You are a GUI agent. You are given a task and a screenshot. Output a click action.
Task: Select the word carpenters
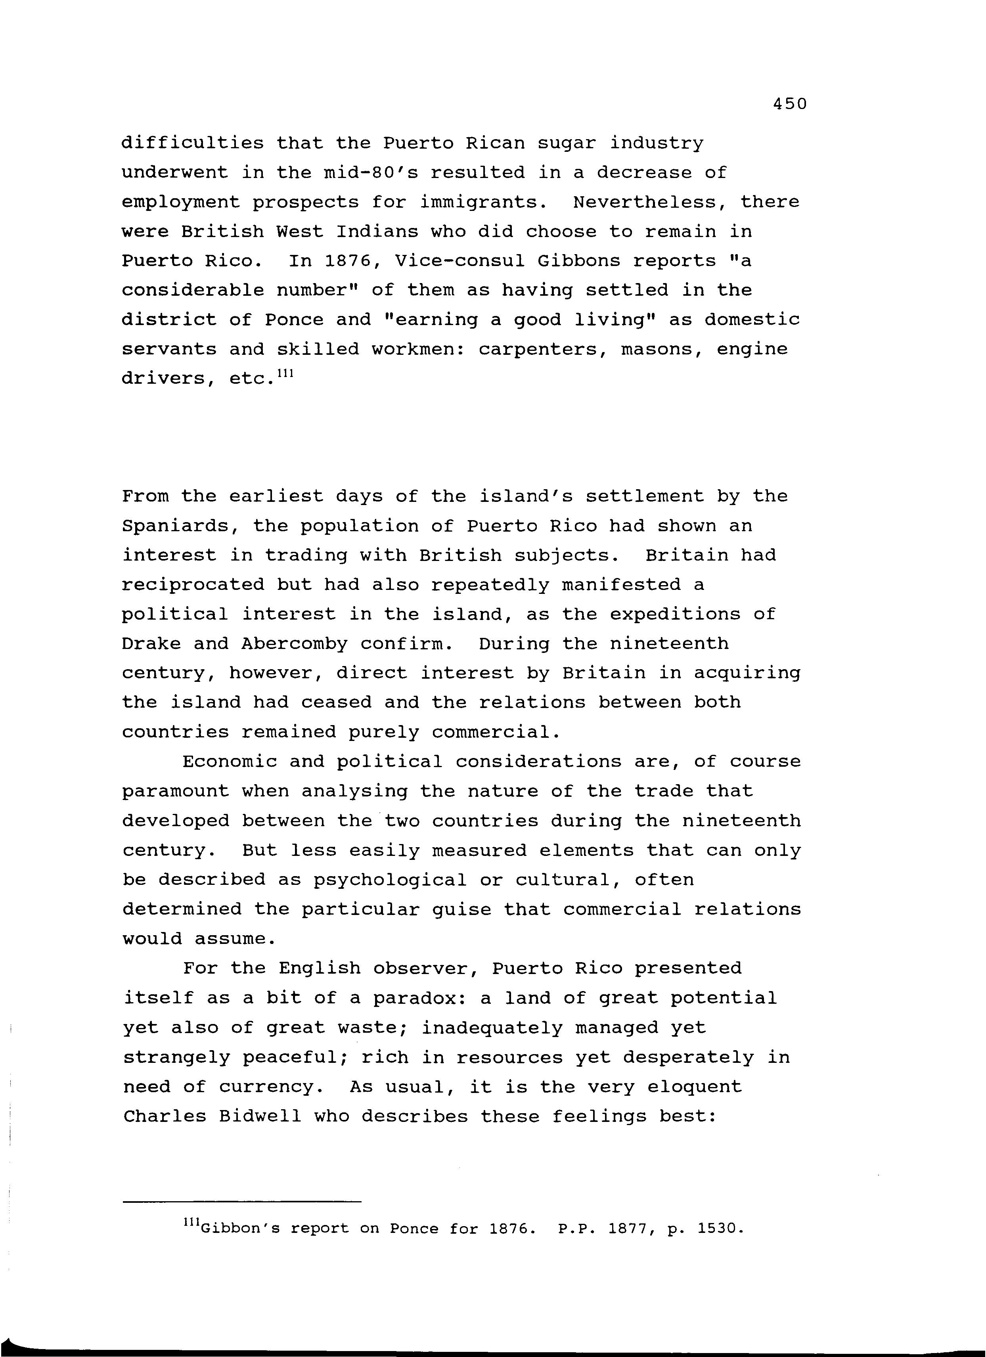click(x=543, y=349)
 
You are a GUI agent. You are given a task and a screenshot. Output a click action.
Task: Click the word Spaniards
click(x=181, y=526)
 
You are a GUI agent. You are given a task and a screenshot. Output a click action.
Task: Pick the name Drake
click(x=151, y=644)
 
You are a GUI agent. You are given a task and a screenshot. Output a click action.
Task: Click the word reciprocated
click(x=193, y=585)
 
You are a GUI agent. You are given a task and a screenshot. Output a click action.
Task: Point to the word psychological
click(x=389, y=880)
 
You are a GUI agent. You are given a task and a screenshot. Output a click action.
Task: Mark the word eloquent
click(x=694, y=1087)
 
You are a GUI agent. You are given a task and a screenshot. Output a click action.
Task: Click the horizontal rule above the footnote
click(x=242, y=1202)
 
